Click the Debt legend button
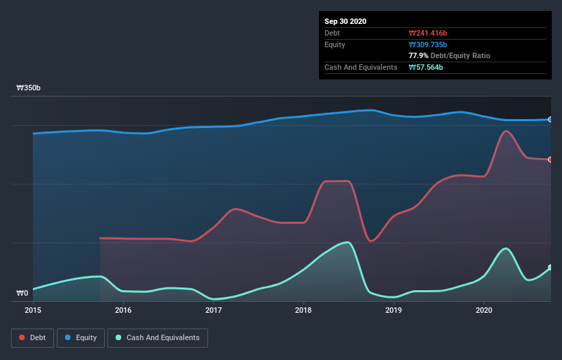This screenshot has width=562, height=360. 31,337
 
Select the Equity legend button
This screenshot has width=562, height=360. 81,337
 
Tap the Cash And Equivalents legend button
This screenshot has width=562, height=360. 157,337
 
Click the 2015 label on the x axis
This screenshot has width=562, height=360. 34,310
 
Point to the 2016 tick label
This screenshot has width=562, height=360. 123,310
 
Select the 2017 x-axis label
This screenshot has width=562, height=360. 214,310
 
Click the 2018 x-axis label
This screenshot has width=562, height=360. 303,310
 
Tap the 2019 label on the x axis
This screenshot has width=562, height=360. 394,310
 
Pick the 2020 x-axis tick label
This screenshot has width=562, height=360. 483,310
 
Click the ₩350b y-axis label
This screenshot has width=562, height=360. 29,88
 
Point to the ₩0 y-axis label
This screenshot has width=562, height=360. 23,294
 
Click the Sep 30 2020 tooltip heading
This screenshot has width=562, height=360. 346,21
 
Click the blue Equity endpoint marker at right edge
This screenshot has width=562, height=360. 550,120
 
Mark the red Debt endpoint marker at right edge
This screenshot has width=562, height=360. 550,159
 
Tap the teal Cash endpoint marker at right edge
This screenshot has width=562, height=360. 550,268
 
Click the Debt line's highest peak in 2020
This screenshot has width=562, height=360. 506,131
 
